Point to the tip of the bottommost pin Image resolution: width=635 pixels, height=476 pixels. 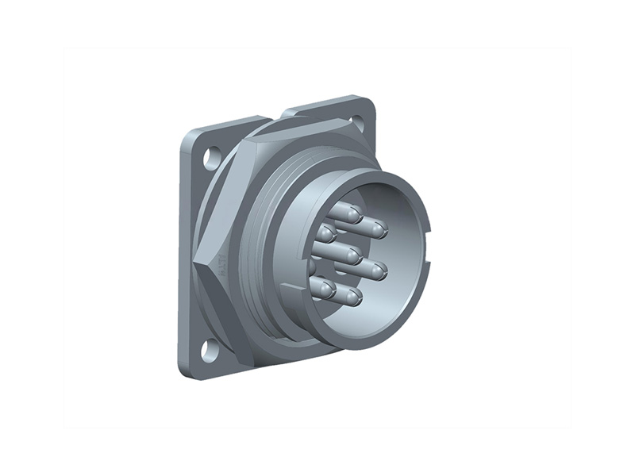(352, 299)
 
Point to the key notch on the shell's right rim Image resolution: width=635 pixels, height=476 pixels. (429, 236)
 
